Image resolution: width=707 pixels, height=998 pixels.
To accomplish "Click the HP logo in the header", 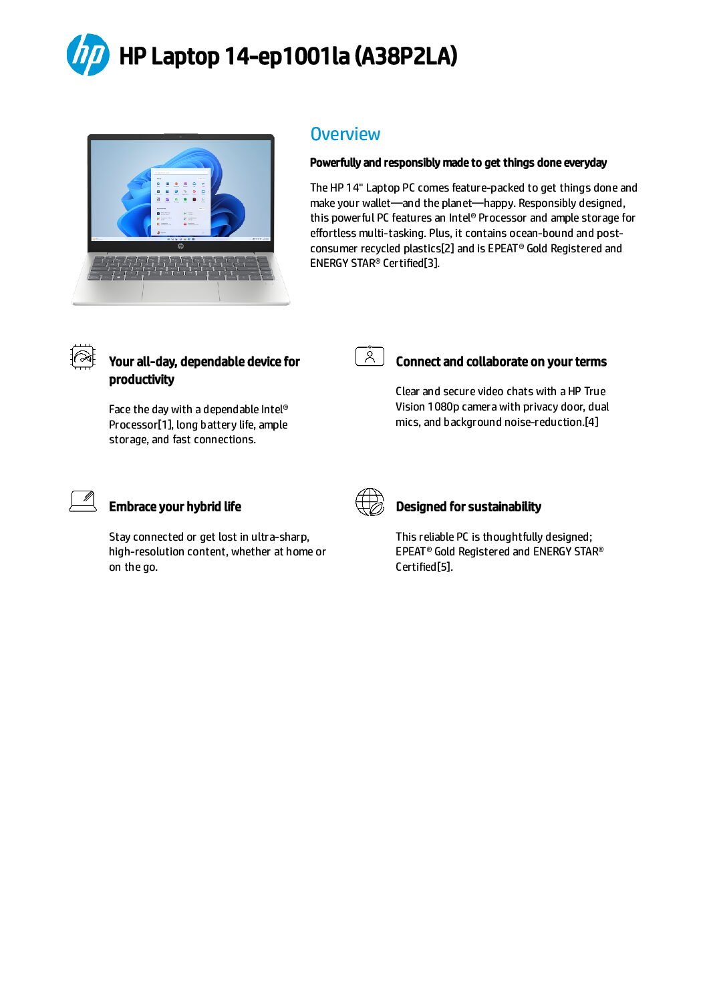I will tap(88, 55).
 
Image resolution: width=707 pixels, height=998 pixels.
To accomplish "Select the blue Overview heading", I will tap(345, 134).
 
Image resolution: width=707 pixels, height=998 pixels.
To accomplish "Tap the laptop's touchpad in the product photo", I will tap(180, 291).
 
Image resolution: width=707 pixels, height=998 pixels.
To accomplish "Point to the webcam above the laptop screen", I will tap(180, 136).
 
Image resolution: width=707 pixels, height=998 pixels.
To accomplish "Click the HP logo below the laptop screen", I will tap(180, 246).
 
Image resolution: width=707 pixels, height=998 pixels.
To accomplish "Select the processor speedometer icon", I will tap(83, 357).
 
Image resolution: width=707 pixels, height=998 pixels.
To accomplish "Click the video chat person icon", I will tap(370, 356).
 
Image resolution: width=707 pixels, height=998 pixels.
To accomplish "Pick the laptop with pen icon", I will tap(83, 501).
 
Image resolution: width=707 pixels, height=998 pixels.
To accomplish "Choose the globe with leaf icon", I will tap(370, 502).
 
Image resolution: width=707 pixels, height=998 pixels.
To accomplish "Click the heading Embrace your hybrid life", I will tap(175, 507).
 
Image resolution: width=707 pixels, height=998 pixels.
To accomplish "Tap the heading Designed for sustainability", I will tap(468, 507).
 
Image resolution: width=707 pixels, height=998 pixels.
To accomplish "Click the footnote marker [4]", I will tap(591, 422).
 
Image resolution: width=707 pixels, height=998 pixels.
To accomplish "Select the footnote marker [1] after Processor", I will tap(165, 425).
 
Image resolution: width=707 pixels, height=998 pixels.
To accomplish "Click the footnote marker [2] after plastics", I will tap(448, 248).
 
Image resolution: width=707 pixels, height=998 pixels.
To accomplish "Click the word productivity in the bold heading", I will tap(142, 380).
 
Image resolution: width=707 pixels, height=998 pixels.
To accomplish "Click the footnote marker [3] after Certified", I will tap(431, 263).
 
